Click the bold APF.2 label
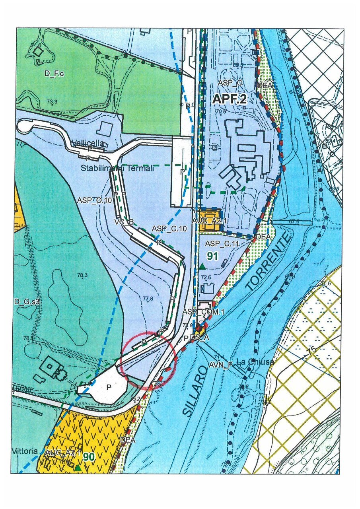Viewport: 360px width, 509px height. [230, 99]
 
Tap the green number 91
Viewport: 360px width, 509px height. [213, 256]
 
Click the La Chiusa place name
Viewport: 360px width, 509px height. [255, 362]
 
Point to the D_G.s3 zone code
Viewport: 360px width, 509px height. [27, 302]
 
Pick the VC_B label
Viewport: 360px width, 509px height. [123, 221]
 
